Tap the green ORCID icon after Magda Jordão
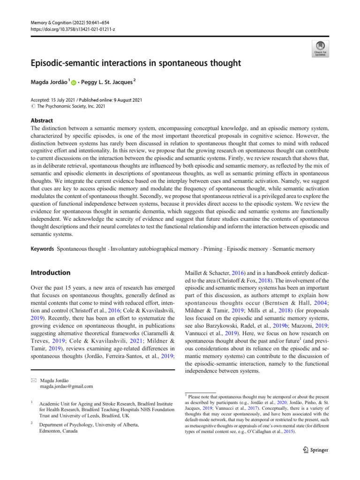74,83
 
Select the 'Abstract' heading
42,120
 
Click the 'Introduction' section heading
50,272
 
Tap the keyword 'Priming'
213,248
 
